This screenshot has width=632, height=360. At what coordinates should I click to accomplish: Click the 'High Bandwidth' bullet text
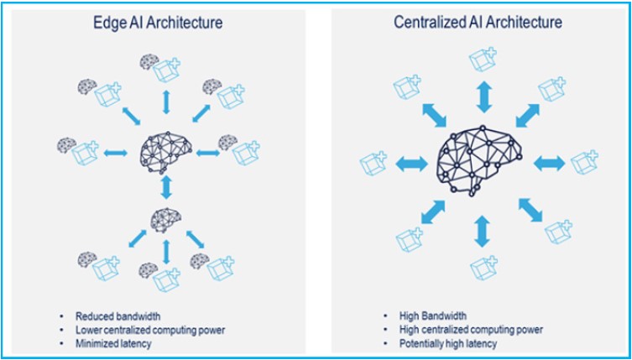coord(434,316)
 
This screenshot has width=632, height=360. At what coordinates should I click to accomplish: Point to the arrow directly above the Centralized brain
coord(483,97)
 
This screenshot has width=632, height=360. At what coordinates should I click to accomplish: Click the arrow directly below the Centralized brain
coord(482,229)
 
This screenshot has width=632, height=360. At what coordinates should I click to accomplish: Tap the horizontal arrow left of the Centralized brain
coord(412,161)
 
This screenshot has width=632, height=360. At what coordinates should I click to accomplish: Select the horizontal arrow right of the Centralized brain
coord(550,161)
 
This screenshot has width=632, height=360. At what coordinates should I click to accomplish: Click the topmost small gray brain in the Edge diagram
coord(149,60)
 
